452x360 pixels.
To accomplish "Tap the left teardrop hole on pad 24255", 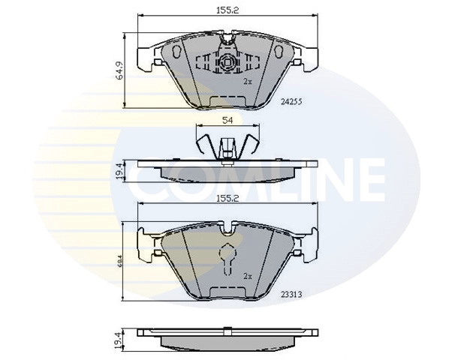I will [177, 52].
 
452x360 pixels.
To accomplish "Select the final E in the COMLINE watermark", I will [368, 179].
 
